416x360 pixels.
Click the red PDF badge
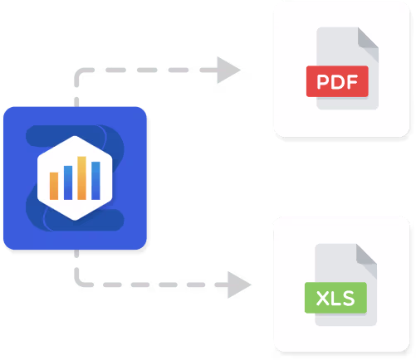[337, 81]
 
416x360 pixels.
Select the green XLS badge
[335, 298]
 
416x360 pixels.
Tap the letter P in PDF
[323, 82]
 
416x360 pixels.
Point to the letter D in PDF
[337, 82]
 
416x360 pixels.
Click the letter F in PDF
[352, 82]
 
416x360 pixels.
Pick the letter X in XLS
[322, 299]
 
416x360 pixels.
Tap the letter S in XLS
[349, 299]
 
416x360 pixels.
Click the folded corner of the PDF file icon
[368, 44]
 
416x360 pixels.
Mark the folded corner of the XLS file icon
[366, 260]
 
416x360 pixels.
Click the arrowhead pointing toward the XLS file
[239, 285]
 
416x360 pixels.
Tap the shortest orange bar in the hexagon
[54, 186]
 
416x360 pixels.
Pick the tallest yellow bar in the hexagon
[81, 178]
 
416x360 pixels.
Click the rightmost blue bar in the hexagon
[95, 181]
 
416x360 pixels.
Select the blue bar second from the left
[68, 182]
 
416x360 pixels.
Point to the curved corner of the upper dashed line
[79, 73]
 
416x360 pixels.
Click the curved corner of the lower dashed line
[79, 282]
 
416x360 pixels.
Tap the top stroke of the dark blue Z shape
[66, 135]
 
